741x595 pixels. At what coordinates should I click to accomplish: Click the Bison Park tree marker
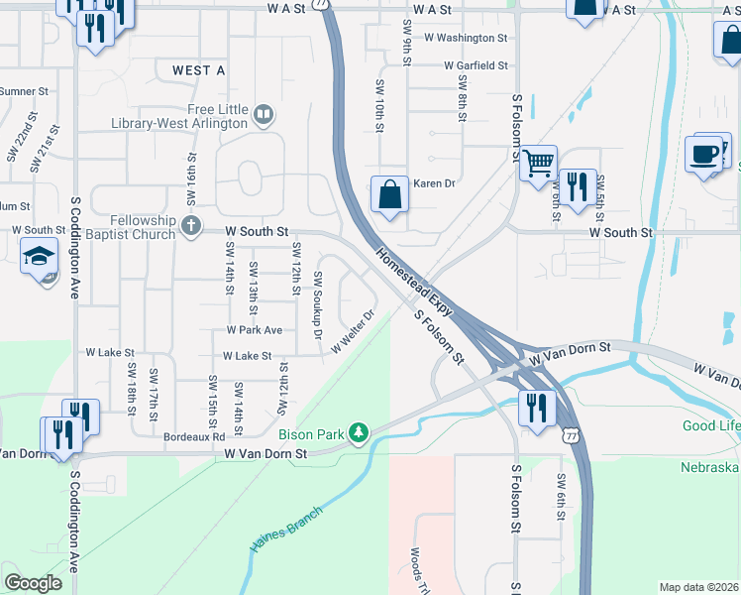pyautogui.click(x=359, y=431)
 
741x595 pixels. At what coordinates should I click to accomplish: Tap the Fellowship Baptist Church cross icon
pyautogui.click(x=190, y=223)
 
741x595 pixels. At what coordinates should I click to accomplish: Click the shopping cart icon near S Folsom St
pyautogui.click(x=538, y=162)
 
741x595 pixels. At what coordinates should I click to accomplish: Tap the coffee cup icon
pyautogui.click(x=703, y=154)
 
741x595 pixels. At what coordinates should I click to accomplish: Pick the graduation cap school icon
pyautogui.click(x=40, y=256)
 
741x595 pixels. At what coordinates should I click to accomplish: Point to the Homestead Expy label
pyautogui.click(x=413, y=283)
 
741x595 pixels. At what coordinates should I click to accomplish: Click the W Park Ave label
pyautogui.click(x=254, y=329)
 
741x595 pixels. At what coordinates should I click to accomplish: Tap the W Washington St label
pyautogui.click(x=465, y=38)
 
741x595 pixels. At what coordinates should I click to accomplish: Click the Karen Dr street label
pyautogui.click(x=433, y=183)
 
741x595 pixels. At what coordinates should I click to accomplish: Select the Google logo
pyautogui.click(x=33, y=583)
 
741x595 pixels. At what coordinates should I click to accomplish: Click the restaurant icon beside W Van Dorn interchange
pyautogui.click(x=536, y=408)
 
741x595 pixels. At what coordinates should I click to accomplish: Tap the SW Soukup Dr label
pyautogui.click(x=318, y=304)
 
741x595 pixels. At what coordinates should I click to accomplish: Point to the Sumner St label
pyautogui.click(x=24, y=91)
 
